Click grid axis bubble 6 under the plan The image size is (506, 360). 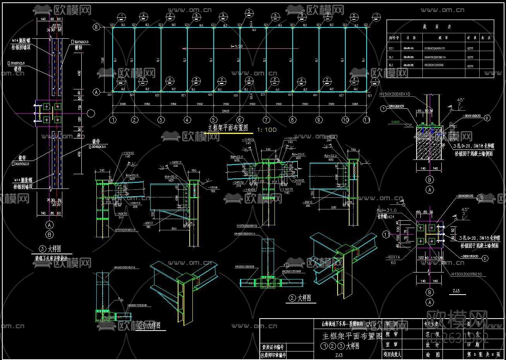240,120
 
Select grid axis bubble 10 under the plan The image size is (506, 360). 345,120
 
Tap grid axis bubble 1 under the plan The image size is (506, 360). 113,120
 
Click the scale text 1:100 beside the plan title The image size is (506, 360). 267,130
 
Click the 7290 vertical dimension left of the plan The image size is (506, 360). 103,60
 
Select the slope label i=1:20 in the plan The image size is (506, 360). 237,46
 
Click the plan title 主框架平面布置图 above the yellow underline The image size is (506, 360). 228,128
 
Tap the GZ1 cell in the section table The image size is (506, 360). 391,48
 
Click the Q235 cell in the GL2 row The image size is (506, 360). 470,66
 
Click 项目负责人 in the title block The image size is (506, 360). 392,354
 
